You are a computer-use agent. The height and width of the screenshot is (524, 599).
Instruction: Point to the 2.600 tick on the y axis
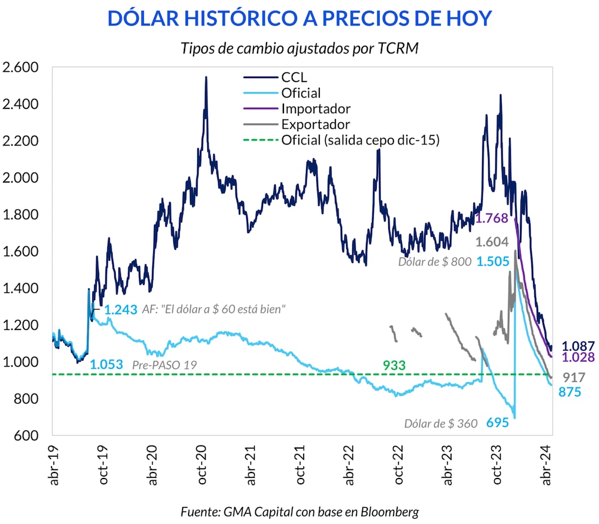point(20,67)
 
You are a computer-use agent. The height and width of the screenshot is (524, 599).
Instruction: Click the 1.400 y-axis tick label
point(20,289)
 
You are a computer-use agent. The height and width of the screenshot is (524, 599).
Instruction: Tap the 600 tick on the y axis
point(28,436)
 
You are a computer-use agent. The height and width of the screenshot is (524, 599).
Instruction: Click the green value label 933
point(395,365)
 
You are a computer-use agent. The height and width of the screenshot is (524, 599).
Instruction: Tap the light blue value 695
point(497,423)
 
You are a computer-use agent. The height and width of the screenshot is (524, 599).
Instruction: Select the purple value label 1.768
point(492,219)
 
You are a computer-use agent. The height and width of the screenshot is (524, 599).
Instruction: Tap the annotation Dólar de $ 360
point(441,423)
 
